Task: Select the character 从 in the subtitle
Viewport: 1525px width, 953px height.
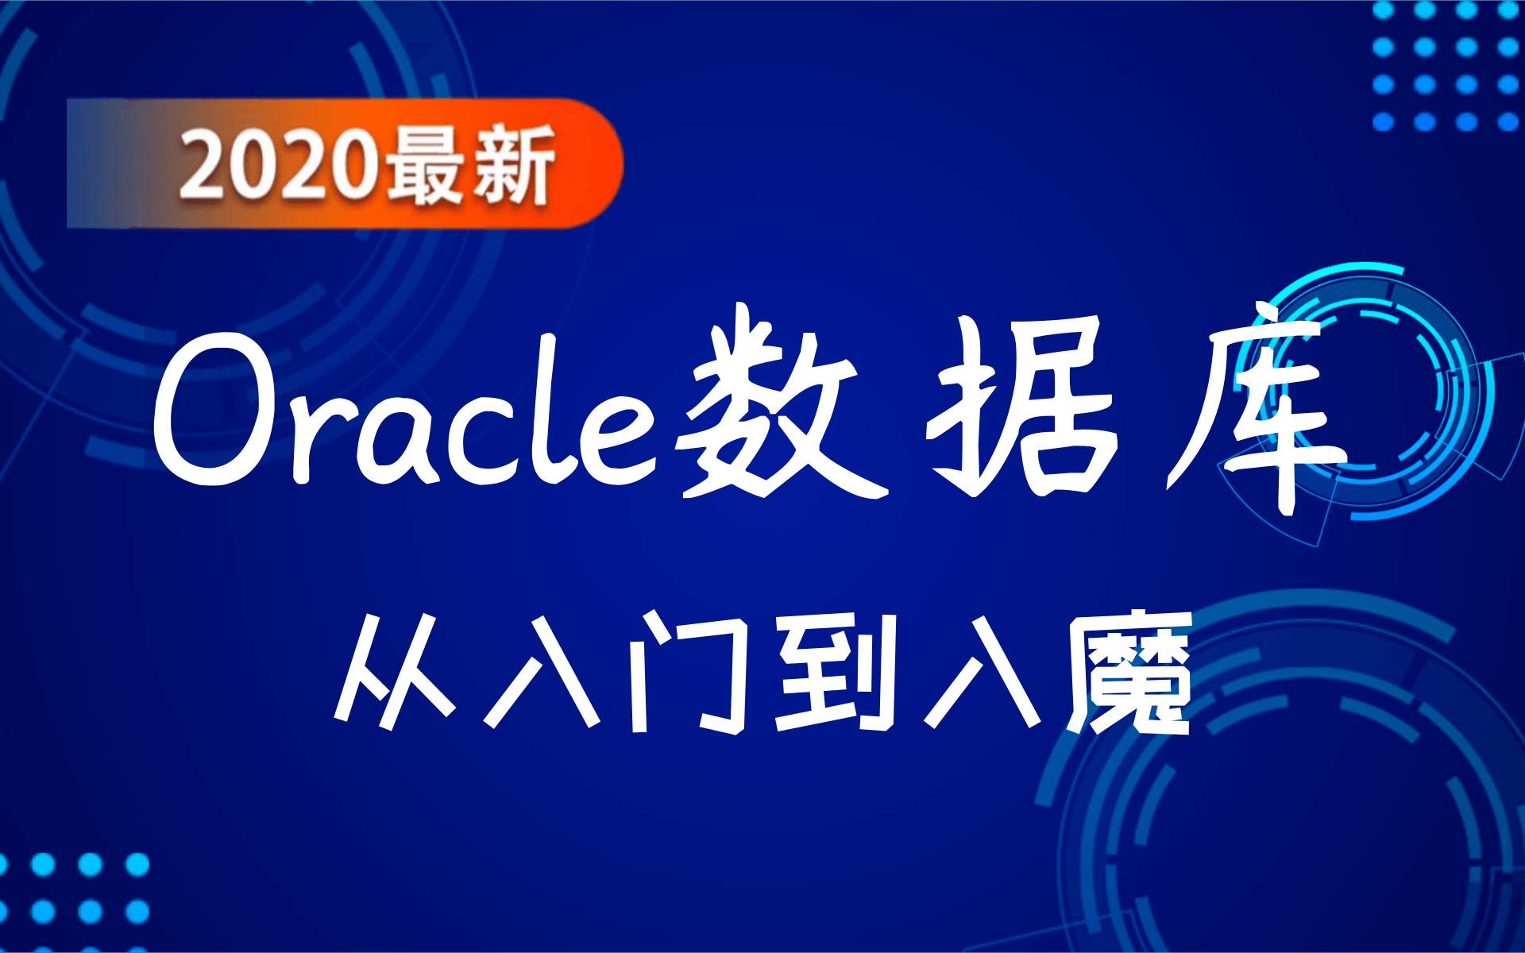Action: [393, 671]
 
